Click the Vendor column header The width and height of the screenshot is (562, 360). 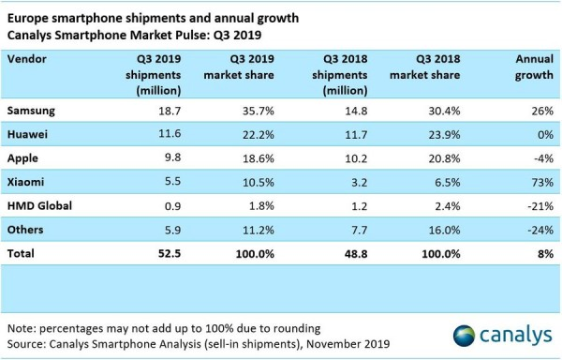click(28, 58)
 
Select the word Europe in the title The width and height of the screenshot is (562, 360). click(30, 12)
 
